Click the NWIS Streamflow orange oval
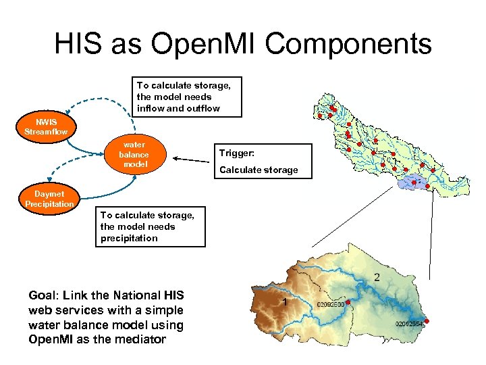pyautogui.click(x=46, y=126)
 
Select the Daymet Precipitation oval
pyautogui.click(x=49, y=199)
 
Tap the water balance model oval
pyautogui.click(x=134, y=155)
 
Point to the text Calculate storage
pyautogui.click(x=259, y=170)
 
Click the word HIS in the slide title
pyautogui.click(x=76, y=45)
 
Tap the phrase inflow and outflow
pyautogui.click(x=178, y=108)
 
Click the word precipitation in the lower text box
pyautogui.click(x=129, y=238)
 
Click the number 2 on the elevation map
pyautogui.click(x=377, y=277)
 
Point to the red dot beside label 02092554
pyautogui.click(x=427, y=321)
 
